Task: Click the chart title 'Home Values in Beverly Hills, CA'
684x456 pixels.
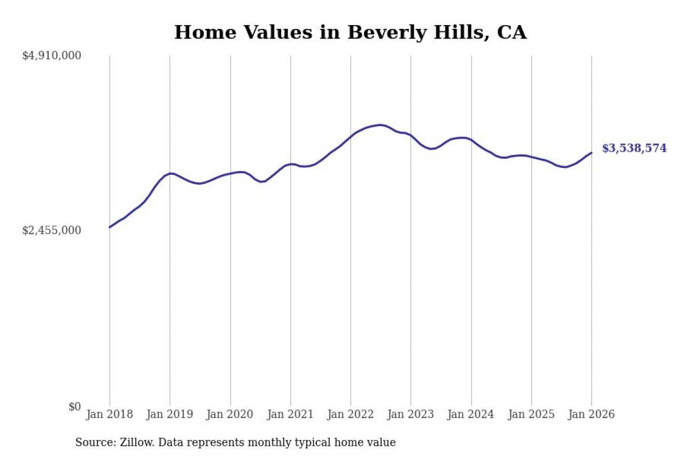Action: (x=350, y=32)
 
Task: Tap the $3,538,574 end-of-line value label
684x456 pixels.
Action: (x=634, y=149)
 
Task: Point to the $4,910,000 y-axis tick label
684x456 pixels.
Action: (x=51, y=56)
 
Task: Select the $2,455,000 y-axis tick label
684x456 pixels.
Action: (x=51, y=230)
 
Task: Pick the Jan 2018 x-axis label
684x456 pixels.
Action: (x=110, y=415)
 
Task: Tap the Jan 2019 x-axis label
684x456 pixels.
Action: (x=170, y=415)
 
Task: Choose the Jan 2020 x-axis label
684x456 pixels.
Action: (x=230, y=415)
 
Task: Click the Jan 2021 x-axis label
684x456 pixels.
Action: (x=291, y=415)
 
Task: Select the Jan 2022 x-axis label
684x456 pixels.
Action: (x=351, y=415)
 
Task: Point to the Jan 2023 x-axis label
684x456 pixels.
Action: (x=411, y=415)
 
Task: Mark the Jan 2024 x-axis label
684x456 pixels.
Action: (x=471, y=415)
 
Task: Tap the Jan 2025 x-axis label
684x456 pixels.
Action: (x=532, y=415)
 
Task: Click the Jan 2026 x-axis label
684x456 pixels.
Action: (x=592, y=415)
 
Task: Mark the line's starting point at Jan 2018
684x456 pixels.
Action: (x=110, y=227)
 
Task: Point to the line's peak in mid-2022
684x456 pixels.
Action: (x=380, y=125)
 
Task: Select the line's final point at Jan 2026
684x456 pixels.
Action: (x=592, y=153)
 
